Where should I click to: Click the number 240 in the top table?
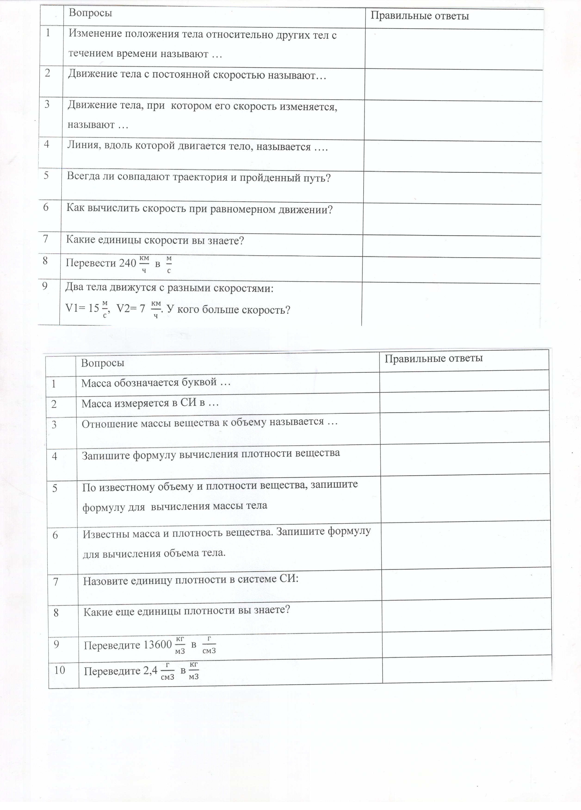coord(127,263)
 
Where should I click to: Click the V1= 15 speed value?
coord(82,308)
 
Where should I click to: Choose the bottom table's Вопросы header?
coord(103,363)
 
